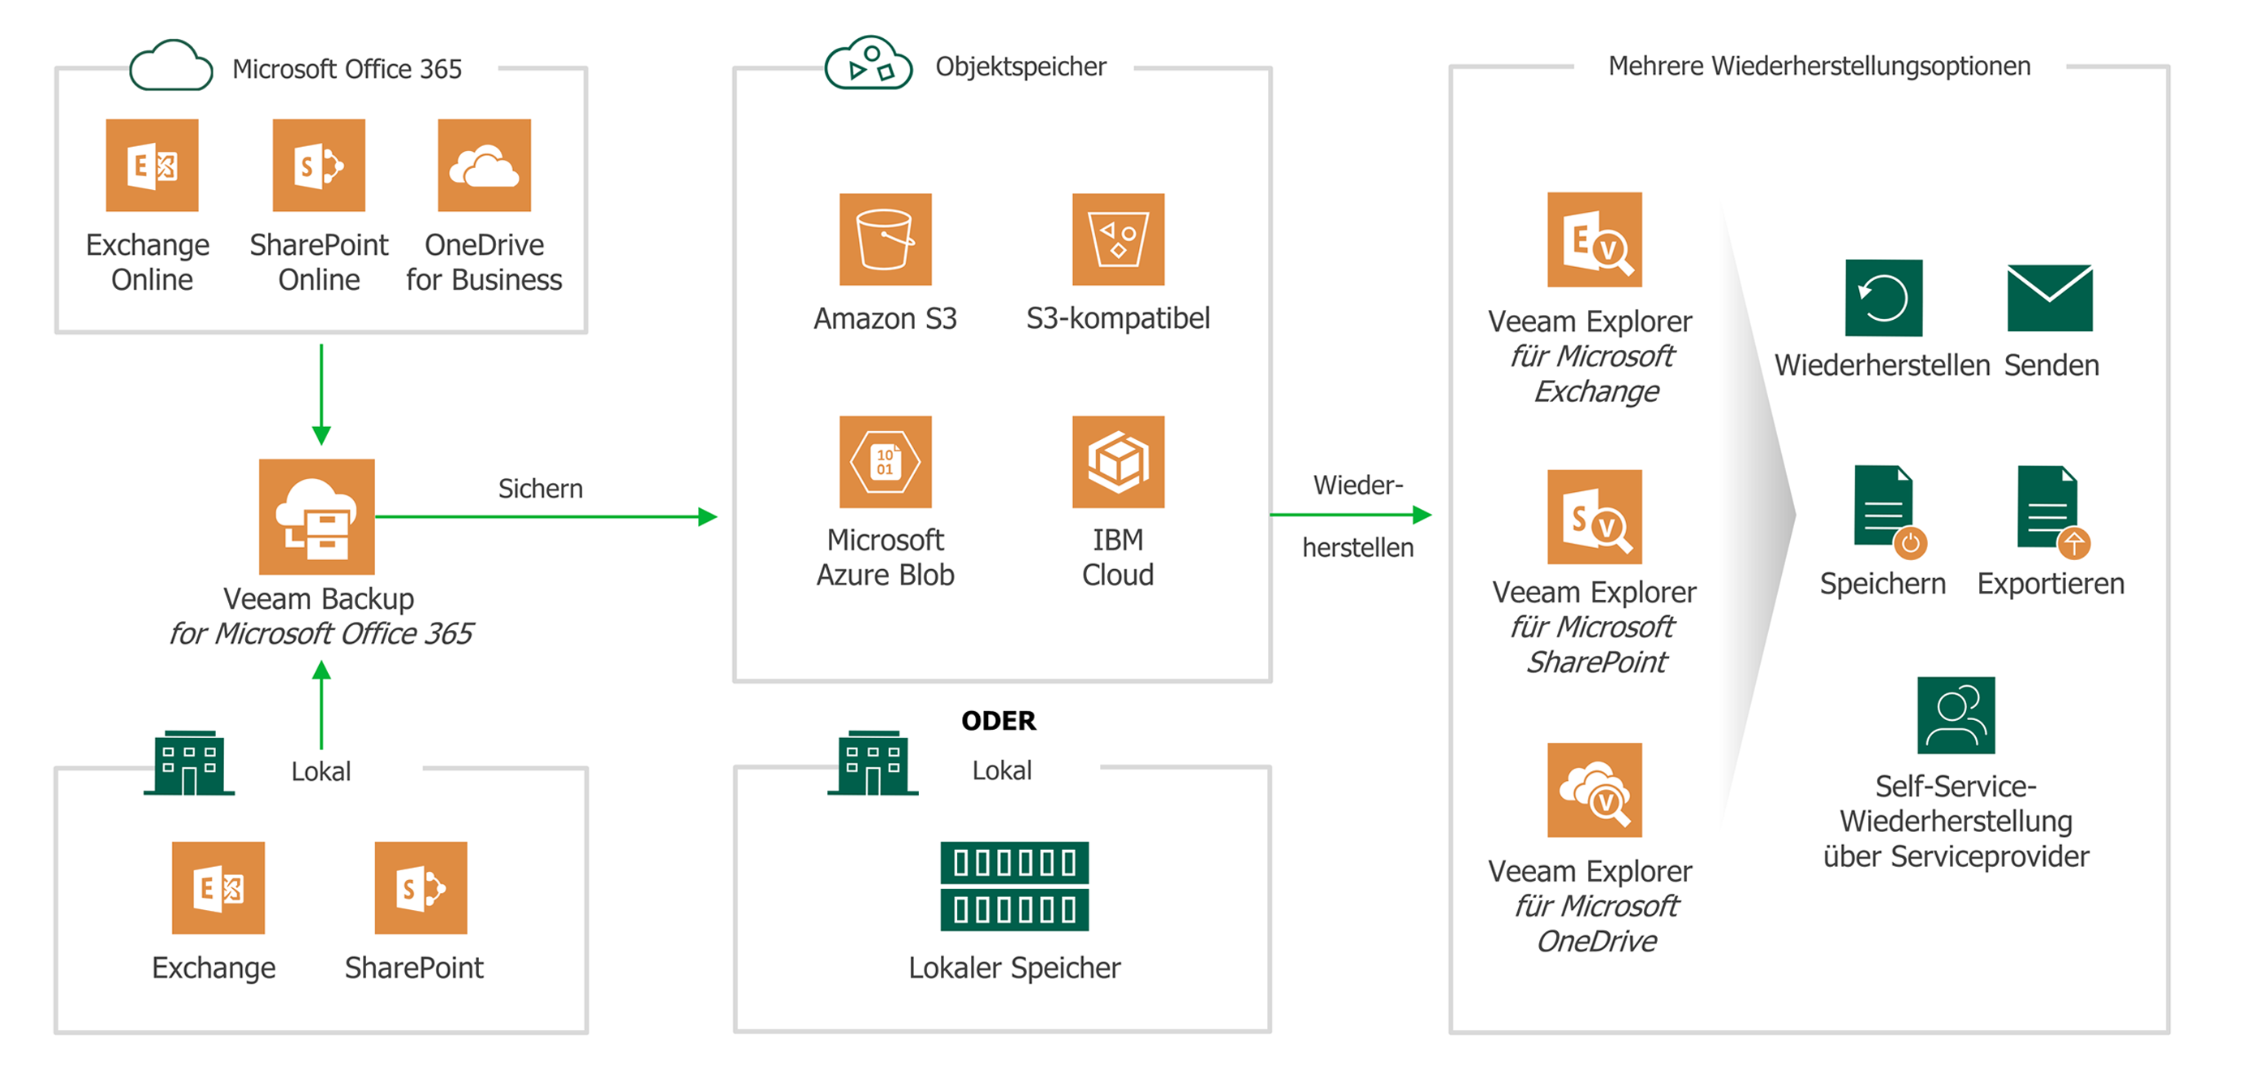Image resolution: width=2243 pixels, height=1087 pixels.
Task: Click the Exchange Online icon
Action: tap(152, 166)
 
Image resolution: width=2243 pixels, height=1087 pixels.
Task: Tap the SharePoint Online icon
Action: tap(319, 166)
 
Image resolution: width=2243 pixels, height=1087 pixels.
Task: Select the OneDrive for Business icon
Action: tap(484, 166)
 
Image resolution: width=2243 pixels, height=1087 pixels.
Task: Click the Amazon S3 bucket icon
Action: tap(885, 239)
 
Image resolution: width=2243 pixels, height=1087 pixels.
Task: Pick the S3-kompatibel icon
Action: tap(1118, 239)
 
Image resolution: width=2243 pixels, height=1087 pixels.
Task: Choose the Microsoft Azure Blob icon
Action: tap(885, 462)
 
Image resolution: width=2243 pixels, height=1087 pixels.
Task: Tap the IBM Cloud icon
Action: tap(1118, 462)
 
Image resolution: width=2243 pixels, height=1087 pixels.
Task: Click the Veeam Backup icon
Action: tap(317, 516)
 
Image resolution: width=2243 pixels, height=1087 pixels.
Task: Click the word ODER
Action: tap(999, 721)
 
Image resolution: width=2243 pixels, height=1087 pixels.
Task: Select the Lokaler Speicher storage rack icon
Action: tap(1015, 886)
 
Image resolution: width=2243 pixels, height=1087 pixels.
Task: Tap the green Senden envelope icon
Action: tap(2050, 298)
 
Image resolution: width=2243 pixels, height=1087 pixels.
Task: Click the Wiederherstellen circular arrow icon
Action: tap(1883, 298)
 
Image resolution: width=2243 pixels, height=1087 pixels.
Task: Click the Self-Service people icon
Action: tap(1956, 715)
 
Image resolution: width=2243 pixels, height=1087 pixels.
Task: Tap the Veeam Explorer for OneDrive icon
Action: tap(1594, 790)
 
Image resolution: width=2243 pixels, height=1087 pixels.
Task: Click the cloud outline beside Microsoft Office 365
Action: tap(170, 67)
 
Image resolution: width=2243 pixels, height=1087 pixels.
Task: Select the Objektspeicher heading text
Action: tap(1020, 67)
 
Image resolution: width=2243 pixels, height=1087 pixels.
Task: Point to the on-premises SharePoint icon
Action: tap(421, 887)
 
